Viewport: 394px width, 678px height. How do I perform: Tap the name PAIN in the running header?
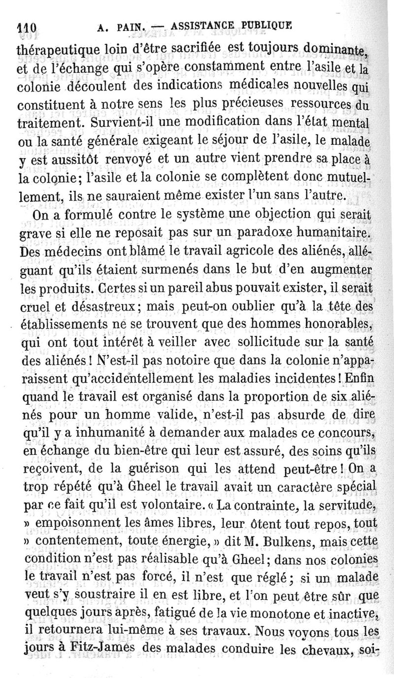[x=125, y=27]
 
